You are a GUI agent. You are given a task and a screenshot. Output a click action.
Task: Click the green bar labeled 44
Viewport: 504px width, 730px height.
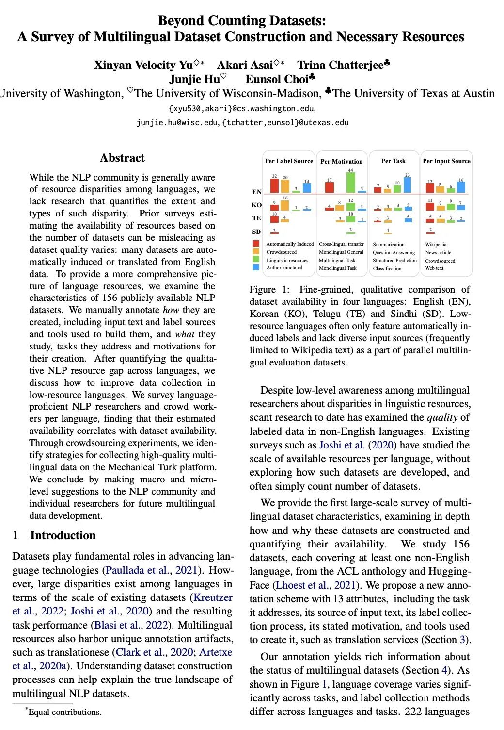coord(351,182)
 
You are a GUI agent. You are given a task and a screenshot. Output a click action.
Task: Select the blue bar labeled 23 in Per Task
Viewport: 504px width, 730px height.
coord(407,185)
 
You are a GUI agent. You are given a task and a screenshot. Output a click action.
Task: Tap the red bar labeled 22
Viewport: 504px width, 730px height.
coord(274,186)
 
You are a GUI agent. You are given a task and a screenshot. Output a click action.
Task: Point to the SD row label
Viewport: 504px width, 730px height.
coord(256,232)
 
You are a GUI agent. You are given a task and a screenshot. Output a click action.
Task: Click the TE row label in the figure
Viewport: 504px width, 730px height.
coord(256,218)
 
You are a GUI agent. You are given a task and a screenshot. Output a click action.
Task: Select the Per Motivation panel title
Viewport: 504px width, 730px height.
coord(342,161)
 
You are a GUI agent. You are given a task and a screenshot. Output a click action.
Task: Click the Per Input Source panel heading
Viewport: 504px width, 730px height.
coord(446,161)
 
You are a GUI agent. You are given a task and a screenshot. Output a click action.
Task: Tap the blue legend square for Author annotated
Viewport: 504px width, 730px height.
coord(256,267)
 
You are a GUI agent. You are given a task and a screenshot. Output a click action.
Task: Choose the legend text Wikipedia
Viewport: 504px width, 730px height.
coord(436,244)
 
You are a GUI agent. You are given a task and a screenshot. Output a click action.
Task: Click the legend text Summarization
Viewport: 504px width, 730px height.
coord(388,244)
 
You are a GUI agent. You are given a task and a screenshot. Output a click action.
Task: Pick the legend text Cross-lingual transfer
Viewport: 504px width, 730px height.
coord(341,244)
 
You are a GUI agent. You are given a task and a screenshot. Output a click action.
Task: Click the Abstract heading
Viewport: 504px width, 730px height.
coord(122,158)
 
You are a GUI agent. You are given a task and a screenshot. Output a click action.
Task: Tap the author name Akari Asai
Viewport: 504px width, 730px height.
coord(245,65)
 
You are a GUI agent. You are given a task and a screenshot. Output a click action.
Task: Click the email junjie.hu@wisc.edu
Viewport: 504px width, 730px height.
coord(177,122)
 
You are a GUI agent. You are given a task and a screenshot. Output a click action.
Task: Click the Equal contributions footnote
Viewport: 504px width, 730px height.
coord(64,712)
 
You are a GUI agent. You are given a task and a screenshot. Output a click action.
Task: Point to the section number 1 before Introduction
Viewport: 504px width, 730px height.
coord(16,535)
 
